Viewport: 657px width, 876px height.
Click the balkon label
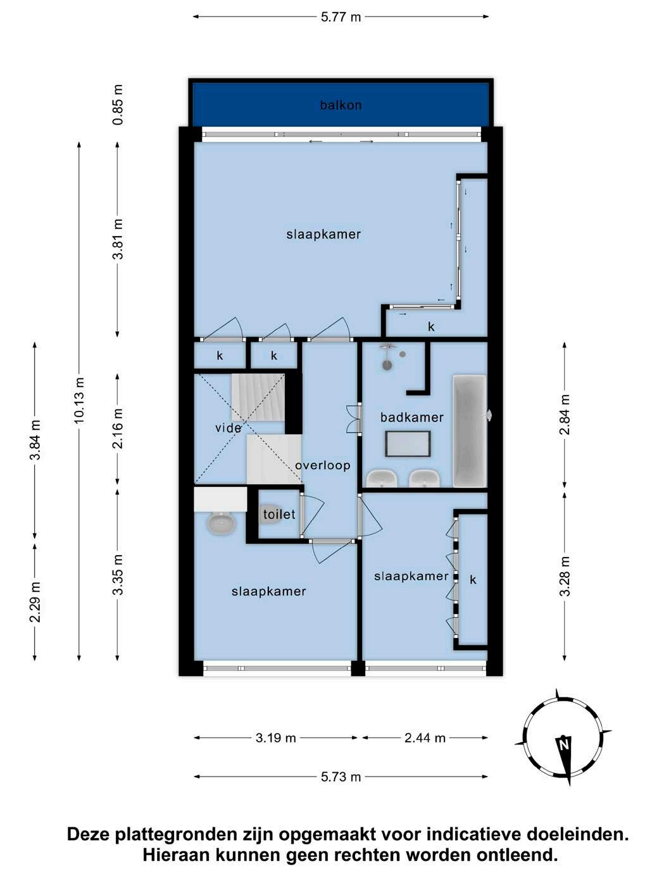coord(341,105)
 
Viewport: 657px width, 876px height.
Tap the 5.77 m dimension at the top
coord(341,17)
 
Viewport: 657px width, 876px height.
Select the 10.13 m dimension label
coord(79,400)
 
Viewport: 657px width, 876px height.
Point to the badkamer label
coord(411,418)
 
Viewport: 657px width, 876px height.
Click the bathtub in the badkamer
coord(470,431)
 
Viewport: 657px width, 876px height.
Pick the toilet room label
coord(279,515)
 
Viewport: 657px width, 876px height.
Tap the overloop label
coord(323,465)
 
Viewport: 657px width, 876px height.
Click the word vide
coord(228,429)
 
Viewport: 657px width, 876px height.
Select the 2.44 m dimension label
coord(425,738)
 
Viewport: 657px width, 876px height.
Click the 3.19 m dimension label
coord(275,738)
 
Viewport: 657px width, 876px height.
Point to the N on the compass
coord(563,745)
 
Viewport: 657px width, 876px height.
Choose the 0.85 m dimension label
coord(118,104)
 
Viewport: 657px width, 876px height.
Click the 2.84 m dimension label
coord(565,414)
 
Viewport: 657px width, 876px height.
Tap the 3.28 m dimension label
coord(565,576)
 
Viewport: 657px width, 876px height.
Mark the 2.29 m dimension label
coord(35,602)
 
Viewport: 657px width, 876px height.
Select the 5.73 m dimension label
coord(341,777)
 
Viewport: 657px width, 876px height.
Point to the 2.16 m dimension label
coord(118,429)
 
